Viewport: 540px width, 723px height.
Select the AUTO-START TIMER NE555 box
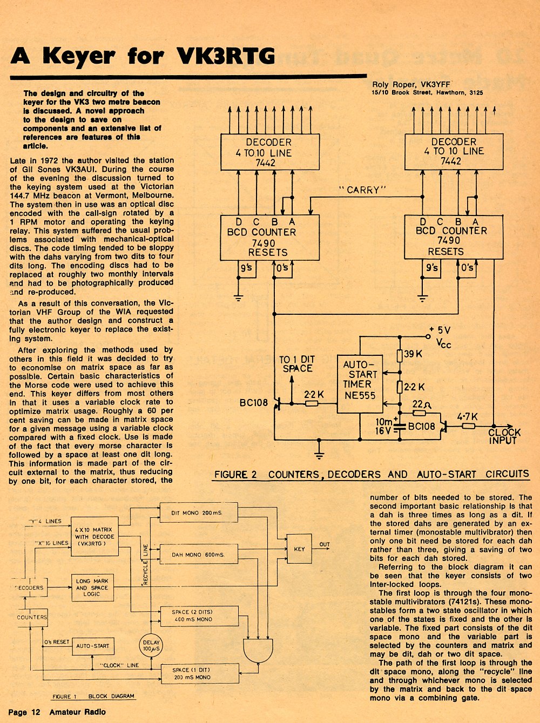(360, 384)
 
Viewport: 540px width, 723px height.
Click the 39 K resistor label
(413, 354)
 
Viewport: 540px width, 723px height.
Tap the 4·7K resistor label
(467, 417)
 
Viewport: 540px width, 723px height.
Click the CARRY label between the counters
(362, 190)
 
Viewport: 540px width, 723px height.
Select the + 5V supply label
(440, 330)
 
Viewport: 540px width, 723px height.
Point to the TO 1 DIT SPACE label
(297, 364)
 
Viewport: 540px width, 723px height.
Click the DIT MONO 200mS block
(199, 512)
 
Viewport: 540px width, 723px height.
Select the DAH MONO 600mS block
(199, 555)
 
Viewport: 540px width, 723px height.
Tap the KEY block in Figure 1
(299, 549)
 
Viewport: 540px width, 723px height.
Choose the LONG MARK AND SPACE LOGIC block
(92, 587)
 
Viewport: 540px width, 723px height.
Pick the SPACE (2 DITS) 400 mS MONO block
(199, 616)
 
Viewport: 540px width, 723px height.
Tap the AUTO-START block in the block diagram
(93, 646)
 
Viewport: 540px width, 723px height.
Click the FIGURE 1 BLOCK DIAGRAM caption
(93, 696)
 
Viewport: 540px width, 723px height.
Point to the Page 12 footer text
(24, 712)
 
